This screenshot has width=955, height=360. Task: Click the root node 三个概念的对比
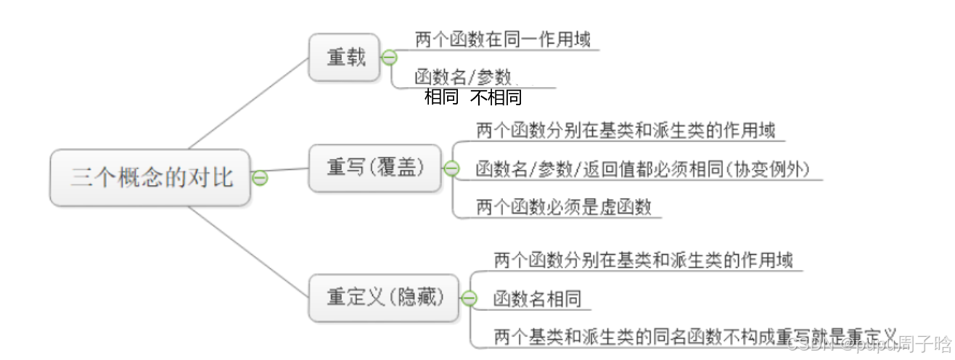[151, 177]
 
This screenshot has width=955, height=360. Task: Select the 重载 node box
[344, 57]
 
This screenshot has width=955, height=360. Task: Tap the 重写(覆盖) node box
[374, 168]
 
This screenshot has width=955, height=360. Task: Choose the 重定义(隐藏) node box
[384, 298]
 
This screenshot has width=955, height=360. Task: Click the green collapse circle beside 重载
[390, 57]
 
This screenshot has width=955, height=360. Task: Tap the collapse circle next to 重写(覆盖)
[451, 168]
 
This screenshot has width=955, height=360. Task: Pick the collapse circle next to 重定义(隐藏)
[469, 298]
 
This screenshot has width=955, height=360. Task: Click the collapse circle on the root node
[260, 177]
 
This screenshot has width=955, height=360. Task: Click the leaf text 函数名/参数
[464, 77]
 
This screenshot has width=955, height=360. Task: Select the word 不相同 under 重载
[496, 97]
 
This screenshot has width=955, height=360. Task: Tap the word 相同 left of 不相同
[441, 97]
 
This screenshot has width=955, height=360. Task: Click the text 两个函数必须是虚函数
[564, 207]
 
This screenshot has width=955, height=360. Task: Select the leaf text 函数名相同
[536, 298]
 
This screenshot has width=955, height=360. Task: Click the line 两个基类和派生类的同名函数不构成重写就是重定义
[695, 337]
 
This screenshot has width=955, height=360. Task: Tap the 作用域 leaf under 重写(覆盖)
[626, 131]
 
